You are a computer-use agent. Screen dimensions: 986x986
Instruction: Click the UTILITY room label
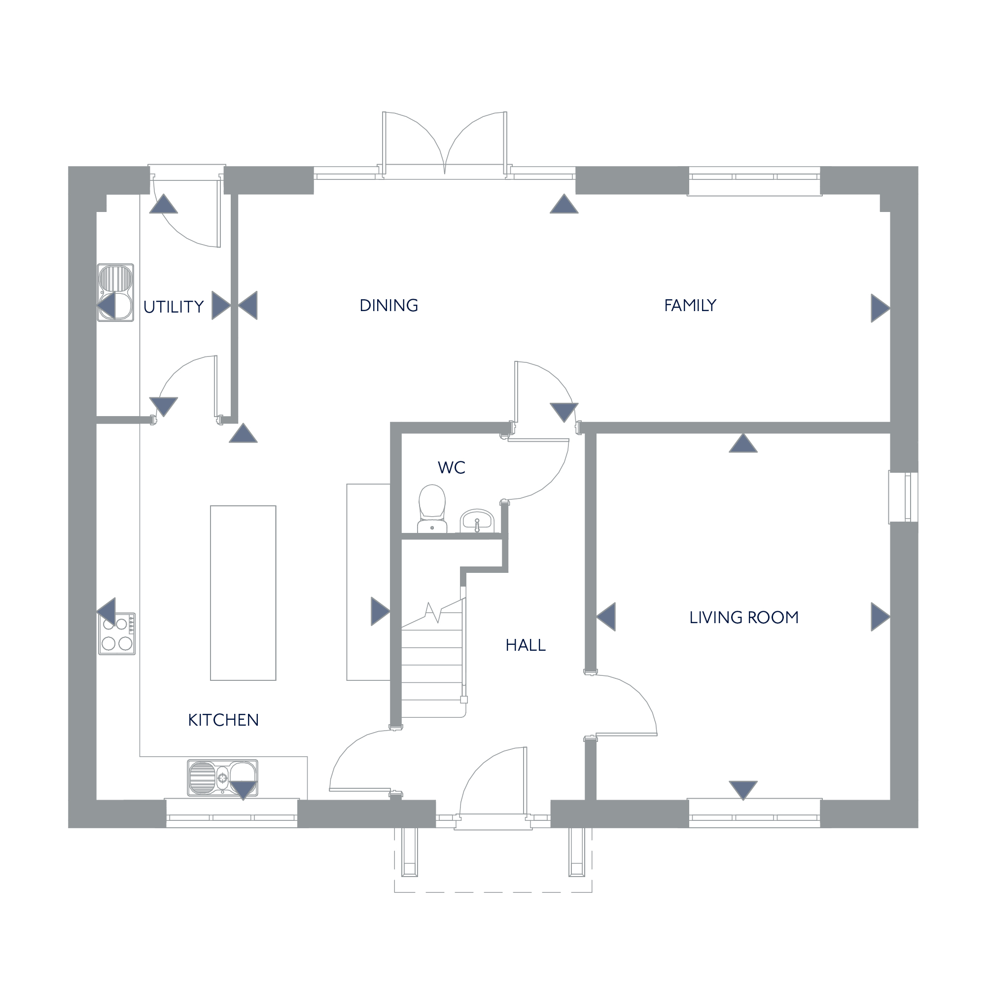(174, 307)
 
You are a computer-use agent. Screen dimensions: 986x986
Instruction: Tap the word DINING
(389, 305)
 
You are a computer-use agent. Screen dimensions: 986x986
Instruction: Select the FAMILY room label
(690, 305)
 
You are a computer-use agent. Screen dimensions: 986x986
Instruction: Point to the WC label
(451, 467)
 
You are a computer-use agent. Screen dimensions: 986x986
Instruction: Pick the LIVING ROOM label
(743, 618)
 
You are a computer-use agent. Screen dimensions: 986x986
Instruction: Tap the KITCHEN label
(223, 720)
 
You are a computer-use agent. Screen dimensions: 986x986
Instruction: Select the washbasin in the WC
(477, 521)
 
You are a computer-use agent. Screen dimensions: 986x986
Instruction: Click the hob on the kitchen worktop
(117, 634)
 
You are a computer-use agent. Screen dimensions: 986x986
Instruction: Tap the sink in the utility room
(116, 292)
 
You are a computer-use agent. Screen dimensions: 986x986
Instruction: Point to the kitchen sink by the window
(222, 778)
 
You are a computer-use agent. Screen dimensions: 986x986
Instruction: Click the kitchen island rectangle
(244, 593)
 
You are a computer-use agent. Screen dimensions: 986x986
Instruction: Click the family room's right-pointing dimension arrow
(880, 308)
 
